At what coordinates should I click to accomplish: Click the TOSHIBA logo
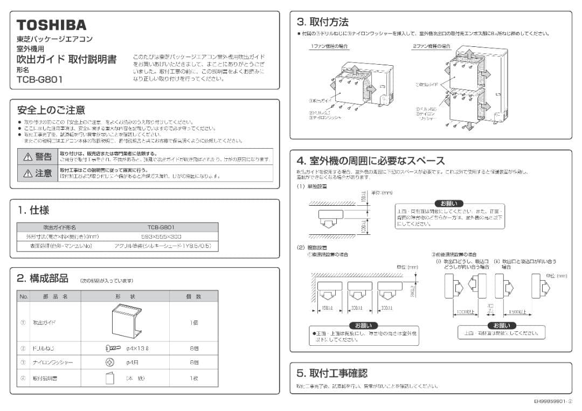pos(51,25)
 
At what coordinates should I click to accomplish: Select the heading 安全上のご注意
pos(51,110)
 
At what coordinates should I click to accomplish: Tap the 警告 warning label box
pos(37,157)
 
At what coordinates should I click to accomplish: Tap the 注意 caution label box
pos(37,173)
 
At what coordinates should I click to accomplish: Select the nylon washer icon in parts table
pos(109,362)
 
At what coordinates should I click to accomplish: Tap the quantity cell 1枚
pos(194,379)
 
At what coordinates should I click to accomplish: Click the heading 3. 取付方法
pos(323,22)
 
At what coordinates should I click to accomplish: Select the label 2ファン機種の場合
pos(432,47)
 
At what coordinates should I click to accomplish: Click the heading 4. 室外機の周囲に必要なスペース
pos(371,161)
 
